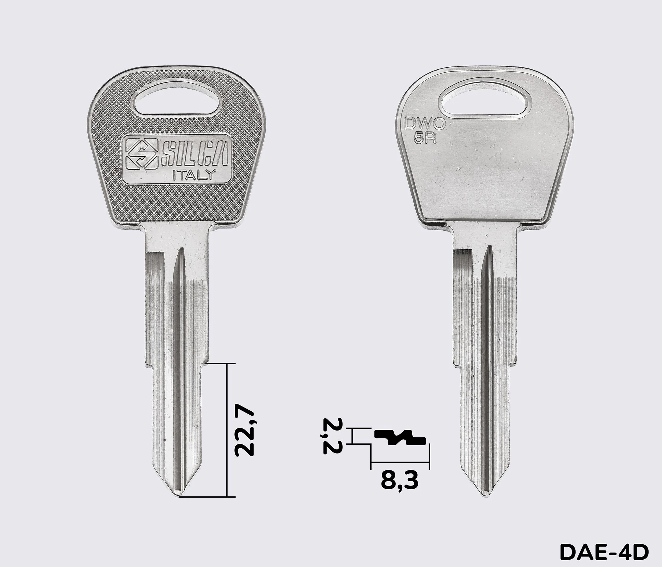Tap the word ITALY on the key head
194,175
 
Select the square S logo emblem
142,154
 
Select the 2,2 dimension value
333,436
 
